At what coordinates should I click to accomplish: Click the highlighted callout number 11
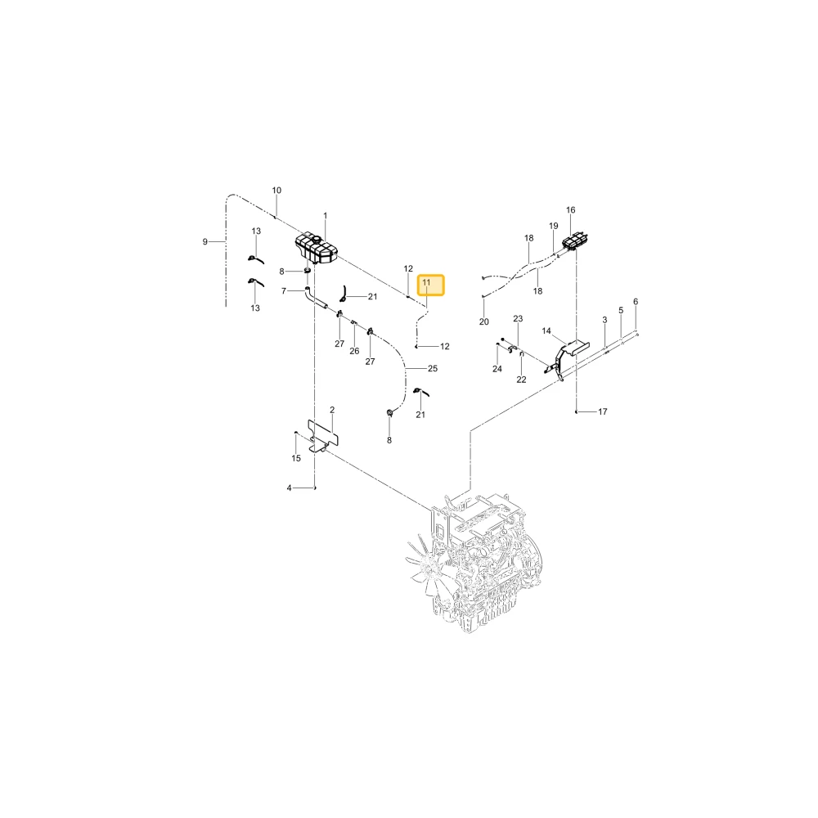click(x=426, y=283)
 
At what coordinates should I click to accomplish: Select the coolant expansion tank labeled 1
click(x=317, y=249)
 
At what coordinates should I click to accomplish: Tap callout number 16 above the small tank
click(x=571, y=209)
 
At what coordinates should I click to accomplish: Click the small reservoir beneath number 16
click(x=576, y=242)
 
